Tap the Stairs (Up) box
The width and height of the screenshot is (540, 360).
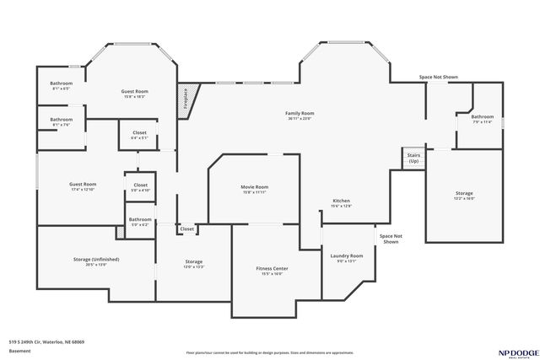[x=413, y=159]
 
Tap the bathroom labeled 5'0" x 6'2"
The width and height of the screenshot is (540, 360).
[x=139, y=222]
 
